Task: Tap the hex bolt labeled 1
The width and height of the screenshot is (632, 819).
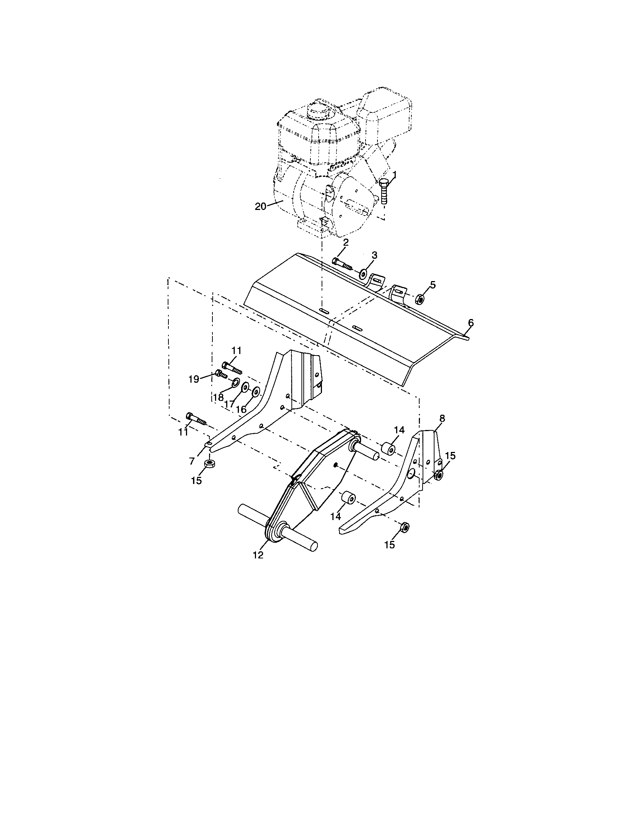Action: click(383, 191)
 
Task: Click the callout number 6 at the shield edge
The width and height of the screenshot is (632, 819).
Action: click(471, 323)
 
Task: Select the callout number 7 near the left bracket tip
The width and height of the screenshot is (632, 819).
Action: click(192, 461)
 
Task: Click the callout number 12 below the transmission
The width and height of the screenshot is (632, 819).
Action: click(258, 565)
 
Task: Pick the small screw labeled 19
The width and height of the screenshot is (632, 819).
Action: click(221, 374)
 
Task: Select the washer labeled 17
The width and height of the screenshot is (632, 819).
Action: click(246, 387)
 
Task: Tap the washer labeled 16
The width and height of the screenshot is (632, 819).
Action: click(255, 392)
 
